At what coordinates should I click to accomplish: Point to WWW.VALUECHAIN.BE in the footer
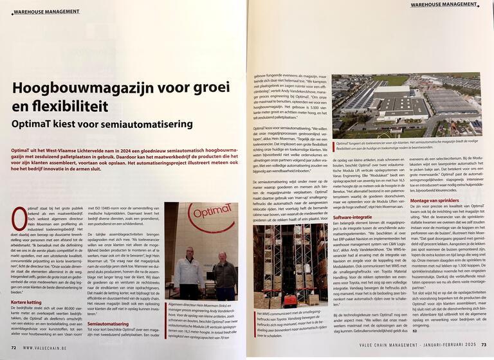pyautogui.click(x=48, y=347)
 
